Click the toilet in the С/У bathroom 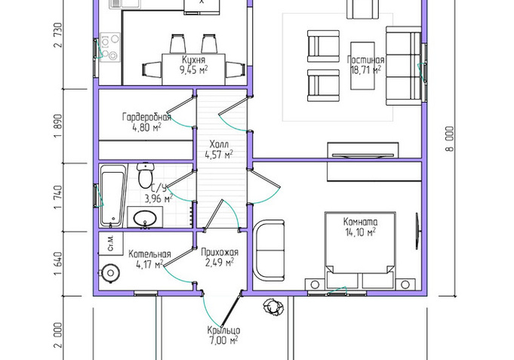pyautogui.click(x=146, y=175)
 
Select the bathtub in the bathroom pyautogui.click(x=113, y=196)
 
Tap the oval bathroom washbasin pyautogui.click(x=145, y=217)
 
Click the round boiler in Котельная pyautogui.click(x=110, y=273)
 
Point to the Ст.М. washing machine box pyautogui.click(x=111, y=244)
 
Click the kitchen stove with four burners pyautogui.click(x=110, y=47)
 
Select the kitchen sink pyautogui.click(x=125, y=5)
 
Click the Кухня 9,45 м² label pyautogui.click(x=194, y=65)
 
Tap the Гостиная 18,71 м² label pyautogui.click(x=365, y=65)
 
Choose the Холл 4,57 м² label pyautogui.click(x=219, y=149)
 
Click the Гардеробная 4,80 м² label pyautogui.click(x=146, y=122)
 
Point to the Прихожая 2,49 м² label pyautogui.click(x=220, y=257)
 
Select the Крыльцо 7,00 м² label pyautogui.click(x=223, y=336)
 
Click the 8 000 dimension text pyautogui.click(x=450, y=139)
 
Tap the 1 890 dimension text pyautogui.click(x=58, y=126)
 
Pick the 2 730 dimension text pyautogui.click(x=58, y=35)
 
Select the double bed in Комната pyautogui.click(x=360, y=251)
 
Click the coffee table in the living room pyautogui.click(x=362, y=66)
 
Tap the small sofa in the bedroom pyautogui.click(x=269, y=251)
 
